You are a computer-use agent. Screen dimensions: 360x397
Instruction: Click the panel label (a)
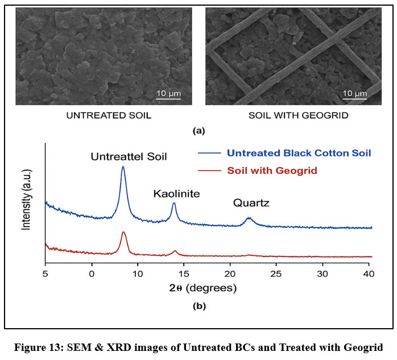point(198,131)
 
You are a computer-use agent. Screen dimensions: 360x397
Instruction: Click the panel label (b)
point(198,306)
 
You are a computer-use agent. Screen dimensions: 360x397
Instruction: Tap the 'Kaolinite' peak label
point(176,194)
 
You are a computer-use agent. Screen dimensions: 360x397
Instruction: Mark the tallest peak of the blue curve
point(123,167)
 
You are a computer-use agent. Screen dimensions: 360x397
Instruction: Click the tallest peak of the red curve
point(123,233)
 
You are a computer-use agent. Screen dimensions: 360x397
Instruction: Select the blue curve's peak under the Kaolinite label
point(174,204)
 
